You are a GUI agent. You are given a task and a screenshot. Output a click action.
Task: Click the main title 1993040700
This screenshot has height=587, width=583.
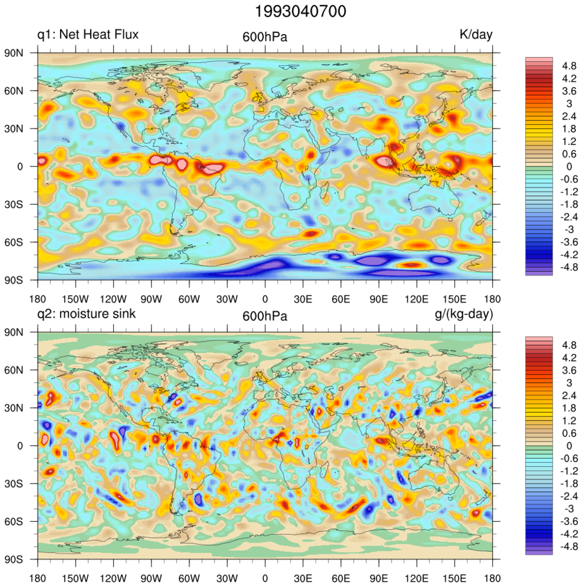click(291, 11)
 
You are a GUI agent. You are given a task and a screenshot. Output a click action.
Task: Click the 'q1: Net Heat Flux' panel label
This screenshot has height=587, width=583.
click(88, 35)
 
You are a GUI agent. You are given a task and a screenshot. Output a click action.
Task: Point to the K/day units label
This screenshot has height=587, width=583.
click(475, 35)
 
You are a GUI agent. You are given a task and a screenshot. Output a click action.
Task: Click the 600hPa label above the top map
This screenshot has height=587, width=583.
click(265, 38)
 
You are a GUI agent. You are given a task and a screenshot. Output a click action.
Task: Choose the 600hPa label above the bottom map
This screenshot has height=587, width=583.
click(265, 317)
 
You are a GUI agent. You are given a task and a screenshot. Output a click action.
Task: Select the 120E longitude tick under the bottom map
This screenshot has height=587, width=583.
click(416, 578)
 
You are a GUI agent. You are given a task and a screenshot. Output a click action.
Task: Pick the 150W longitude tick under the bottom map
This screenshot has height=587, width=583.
click(75, 578)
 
